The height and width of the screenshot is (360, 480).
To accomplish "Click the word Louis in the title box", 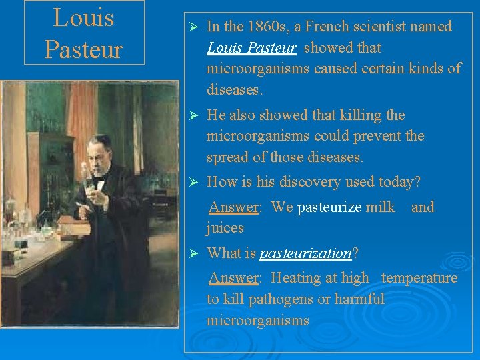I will pyautogui.click(x=84, y=18).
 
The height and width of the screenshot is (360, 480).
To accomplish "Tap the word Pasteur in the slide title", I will pyautogui.click(x=84, y=49).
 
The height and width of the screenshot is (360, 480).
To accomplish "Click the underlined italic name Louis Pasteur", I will pyautogui.click(x=251, y=48).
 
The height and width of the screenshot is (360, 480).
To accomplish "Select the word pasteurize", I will pyautogui.click(x=329, y=207).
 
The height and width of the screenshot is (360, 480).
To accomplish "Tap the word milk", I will pyautogui.click(x=381, y=207).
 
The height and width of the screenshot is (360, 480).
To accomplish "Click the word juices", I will pyautogui.click(x=225, y=229).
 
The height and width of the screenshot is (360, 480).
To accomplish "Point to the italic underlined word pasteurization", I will pyautogui.click(x=305, y=253).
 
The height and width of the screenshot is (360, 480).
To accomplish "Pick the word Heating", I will pyautogui.click(x=297, y=278).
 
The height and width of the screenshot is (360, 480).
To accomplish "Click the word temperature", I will pyautogui.click(x=419, y=278).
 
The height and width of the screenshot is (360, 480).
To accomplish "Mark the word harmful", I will pyautogui.click(x=361, y=299).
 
